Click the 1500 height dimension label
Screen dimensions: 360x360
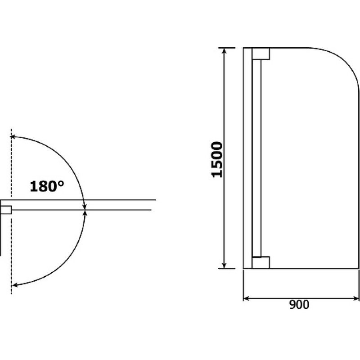point(217,160)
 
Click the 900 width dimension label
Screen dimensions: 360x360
point(299,305)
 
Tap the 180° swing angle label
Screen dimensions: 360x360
point(47,186)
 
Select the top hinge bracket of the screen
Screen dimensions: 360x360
point(261,54)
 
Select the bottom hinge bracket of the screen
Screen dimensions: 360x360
point(261,262)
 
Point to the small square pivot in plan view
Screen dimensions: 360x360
point(6,210)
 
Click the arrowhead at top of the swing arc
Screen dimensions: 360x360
point(13,137)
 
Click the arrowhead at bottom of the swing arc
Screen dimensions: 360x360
point(15,285)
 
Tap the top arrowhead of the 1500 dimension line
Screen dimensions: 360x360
point(224,51)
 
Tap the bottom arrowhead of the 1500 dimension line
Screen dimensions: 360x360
point(224,265)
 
